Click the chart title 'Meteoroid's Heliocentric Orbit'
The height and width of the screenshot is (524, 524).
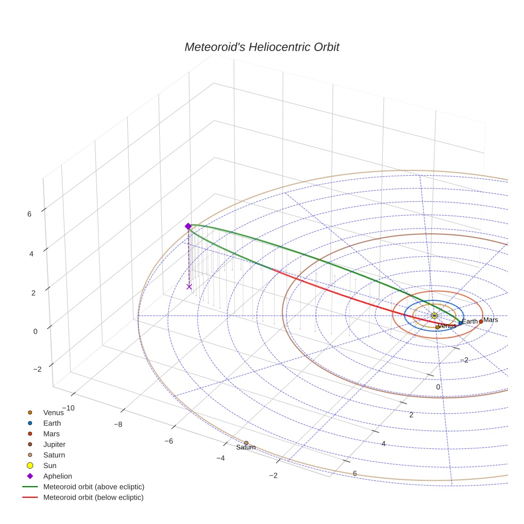pyautogui.click(x=261, y=47)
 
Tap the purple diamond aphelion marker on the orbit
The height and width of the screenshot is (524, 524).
pyautogui.click(x=188, y=226)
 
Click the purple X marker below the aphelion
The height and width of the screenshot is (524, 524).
pyautogui.click(x=189, y=286)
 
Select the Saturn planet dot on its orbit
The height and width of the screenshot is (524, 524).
pyautogui.click(x=246, y=443)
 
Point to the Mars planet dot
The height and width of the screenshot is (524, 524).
pyautogui.click(x=481, y=322)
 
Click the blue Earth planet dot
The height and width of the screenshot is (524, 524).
pyautogui.click(x=461, y=323)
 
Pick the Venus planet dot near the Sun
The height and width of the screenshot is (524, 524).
pyautogui.click(x=437, y=327)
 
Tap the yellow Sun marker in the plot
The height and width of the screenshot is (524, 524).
pyautogui.click(x=435, y=316)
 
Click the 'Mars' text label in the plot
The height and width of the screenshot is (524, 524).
pyautogui.click(x=490, y=320)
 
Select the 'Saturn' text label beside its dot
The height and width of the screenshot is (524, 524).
pyautogui.click(x=246, y=448)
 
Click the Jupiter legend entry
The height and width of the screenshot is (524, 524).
pyautogui.click(x=54, y=444)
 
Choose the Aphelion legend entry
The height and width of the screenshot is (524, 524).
pyautogui.click(x=57, y=476)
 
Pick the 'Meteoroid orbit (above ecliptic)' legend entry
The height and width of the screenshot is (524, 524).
pyautogui.click(x=93, y=487)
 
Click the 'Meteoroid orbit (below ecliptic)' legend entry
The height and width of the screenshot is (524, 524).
pyautogui.click(x=93, y=497)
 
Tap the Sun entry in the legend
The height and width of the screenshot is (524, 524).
pyautogui.click(x=50, y=465)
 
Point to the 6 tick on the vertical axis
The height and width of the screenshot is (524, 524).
pyautogui.click(x=29, y=214)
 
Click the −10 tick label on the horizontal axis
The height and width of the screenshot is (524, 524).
pyautogui.click(x=68, y=408)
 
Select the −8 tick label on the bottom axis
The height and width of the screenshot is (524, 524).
pyautogui.click(x=118, y=424)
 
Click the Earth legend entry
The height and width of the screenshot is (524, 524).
pyautogui.click(x=52, y=423)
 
